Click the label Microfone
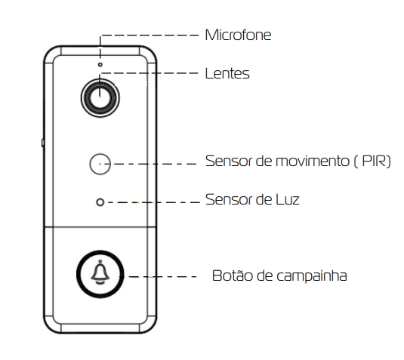click(238, 35)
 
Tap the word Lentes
click(227, 73)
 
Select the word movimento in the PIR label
click(313, 162)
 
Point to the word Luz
click(288, 199)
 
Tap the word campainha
click(312, 276)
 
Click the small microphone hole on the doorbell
click(100, 65)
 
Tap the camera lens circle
click(100, 98)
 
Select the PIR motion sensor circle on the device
click(100, 164)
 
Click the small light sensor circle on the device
click(100, 202)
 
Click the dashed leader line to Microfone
click(150, 35)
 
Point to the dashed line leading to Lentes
click(150, 73)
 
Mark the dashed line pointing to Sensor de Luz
click(154, 203)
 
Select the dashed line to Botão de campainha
click(160, 277)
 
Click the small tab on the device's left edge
click(42, 143)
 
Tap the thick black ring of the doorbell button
click(100, 252)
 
